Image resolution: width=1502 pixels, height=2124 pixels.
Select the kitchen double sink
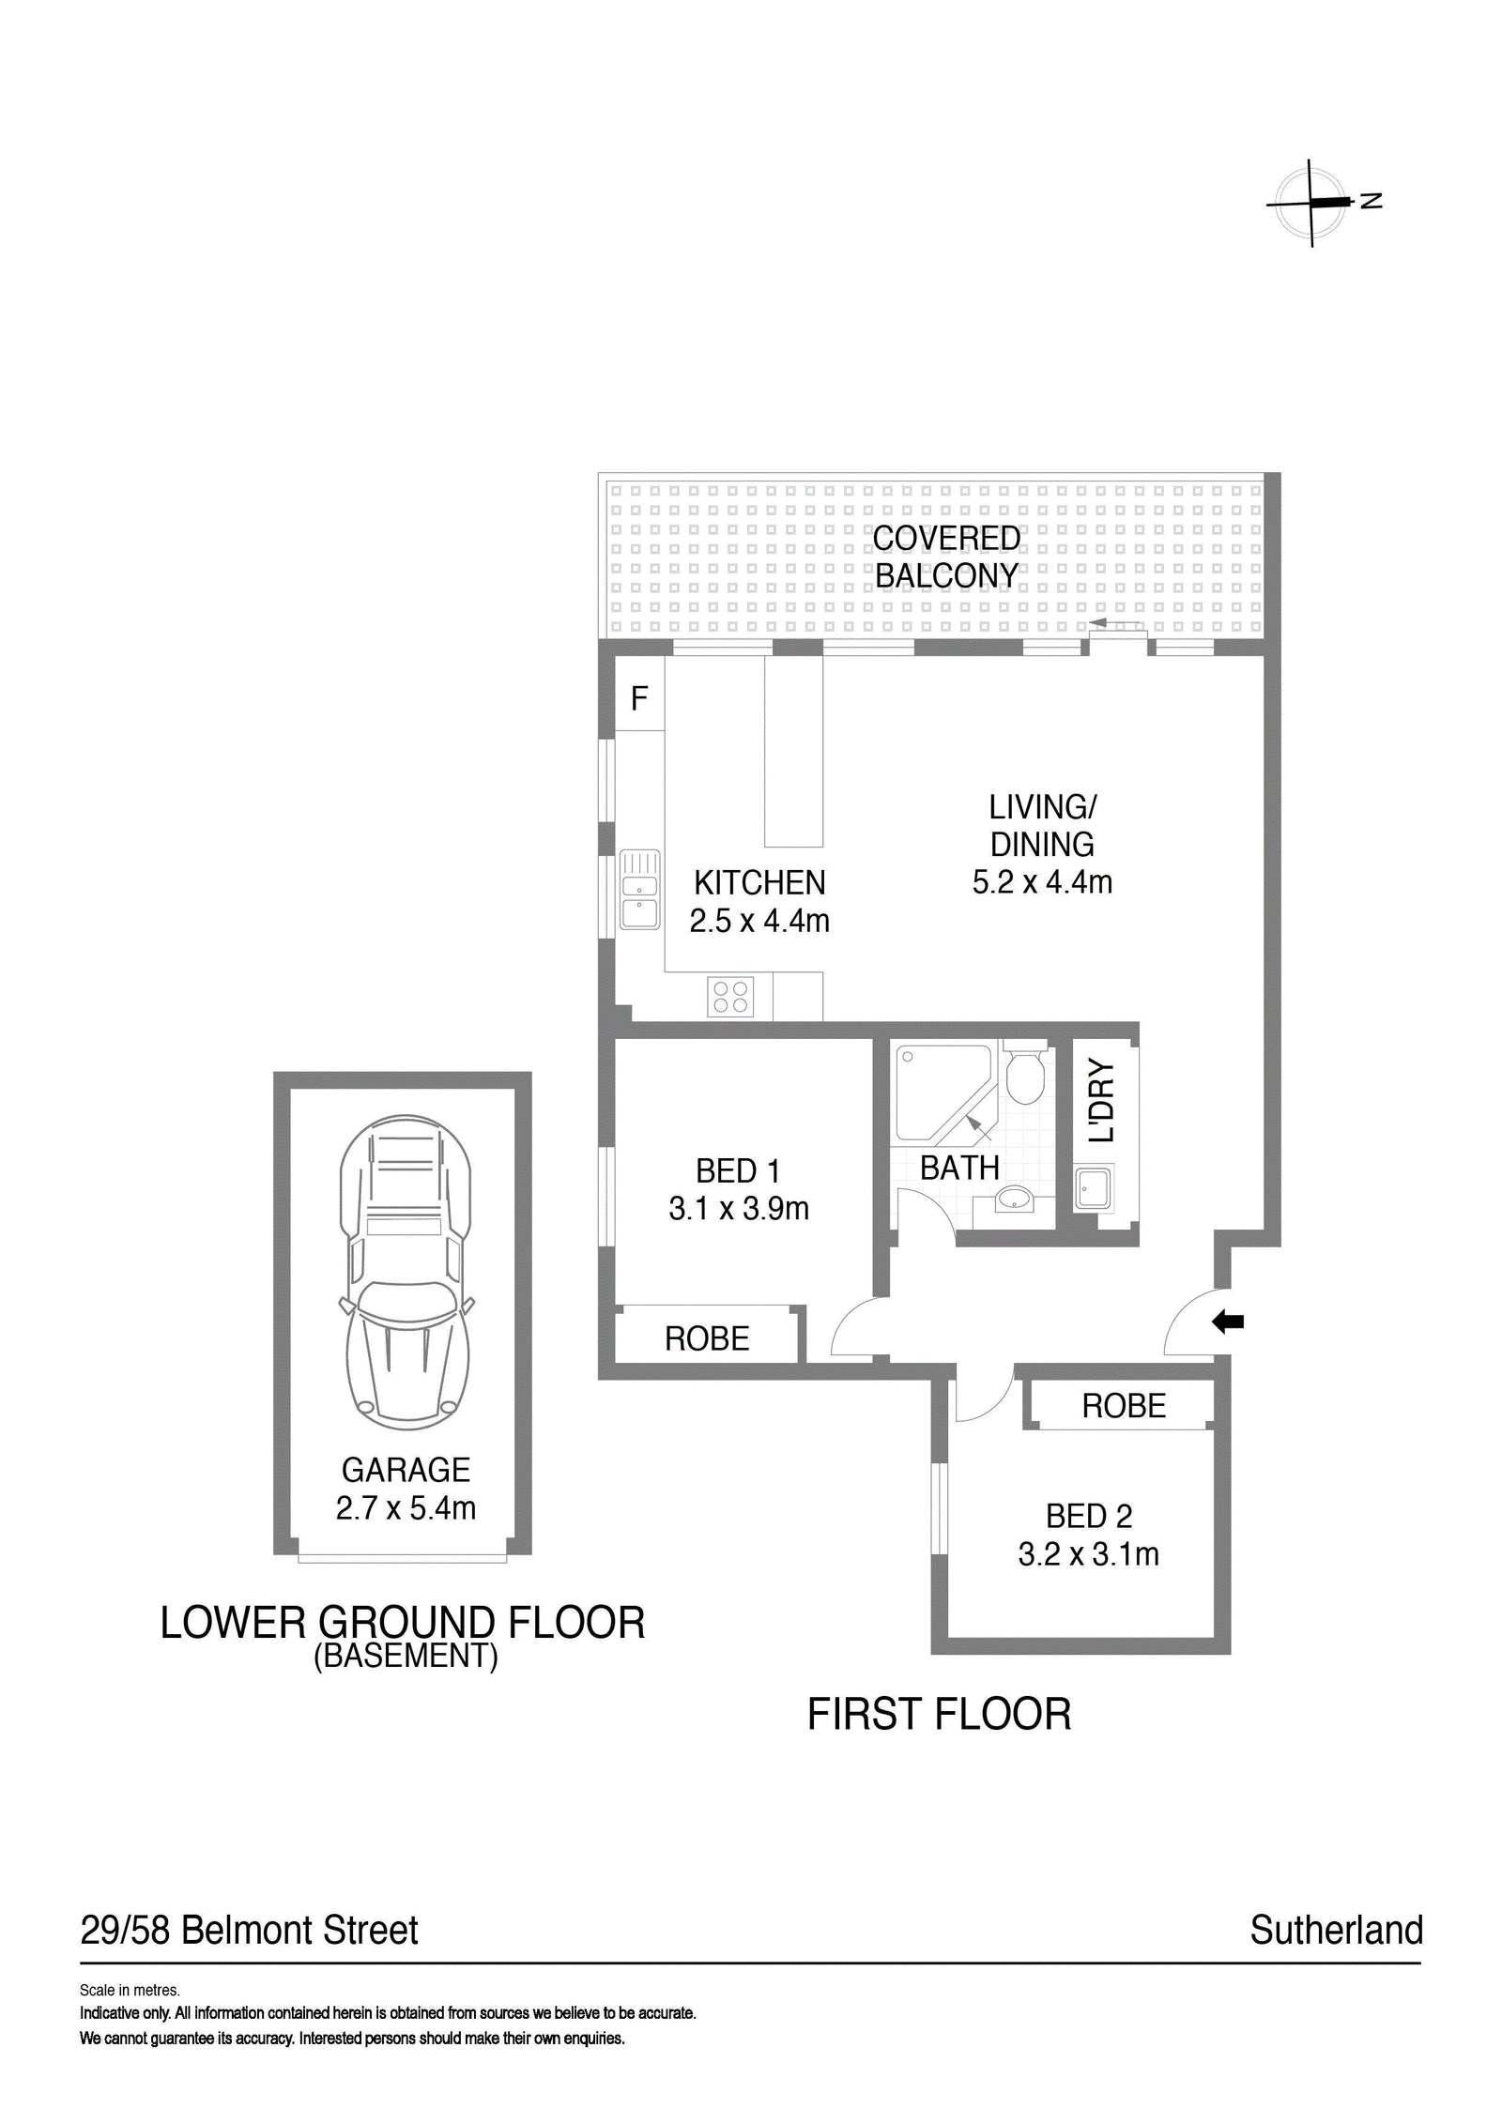[639, 889]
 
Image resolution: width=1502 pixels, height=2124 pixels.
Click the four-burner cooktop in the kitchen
[731, 996]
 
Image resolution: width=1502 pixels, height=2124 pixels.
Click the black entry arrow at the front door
[1228, 1322]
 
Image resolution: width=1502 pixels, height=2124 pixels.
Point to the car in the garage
[406, 1273]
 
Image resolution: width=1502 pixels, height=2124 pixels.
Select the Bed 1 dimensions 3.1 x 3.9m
[739, 1209]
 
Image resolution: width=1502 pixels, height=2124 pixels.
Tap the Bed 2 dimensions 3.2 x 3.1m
[1089, 1554]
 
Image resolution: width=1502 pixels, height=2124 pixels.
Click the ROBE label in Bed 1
[707, 1338]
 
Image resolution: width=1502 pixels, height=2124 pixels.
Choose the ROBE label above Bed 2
[1124, 1405]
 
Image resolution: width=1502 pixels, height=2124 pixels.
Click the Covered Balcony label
[946, 557]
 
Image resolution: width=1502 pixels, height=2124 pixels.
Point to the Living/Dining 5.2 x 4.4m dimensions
[1042, 882]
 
